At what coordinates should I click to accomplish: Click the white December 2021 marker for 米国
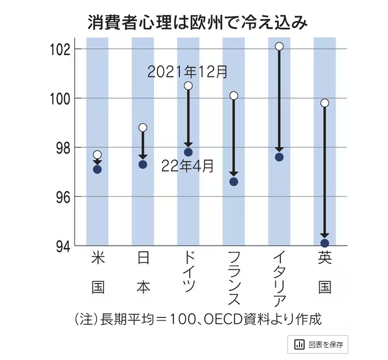point(97,155)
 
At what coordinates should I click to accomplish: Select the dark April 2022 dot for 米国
point(97,169)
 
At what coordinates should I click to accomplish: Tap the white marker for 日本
point(143,128)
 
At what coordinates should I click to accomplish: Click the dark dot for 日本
point(143,164)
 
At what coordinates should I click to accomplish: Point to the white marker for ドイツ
point(188,86)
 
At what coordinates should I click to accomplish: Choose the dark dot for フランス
point(233,182)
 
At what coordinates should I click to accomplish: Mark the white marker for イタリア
point(279,46)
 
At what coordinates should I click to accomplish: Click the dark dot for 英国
point(325,243)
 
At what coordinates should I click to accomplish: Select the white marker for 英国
point(325,103)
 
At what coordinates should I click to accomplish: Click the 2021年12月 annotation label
point(187,72)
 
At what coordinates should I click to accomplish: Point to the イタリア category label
point(279,277)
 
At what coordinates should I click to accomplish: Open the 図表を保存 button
point(318,344)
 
